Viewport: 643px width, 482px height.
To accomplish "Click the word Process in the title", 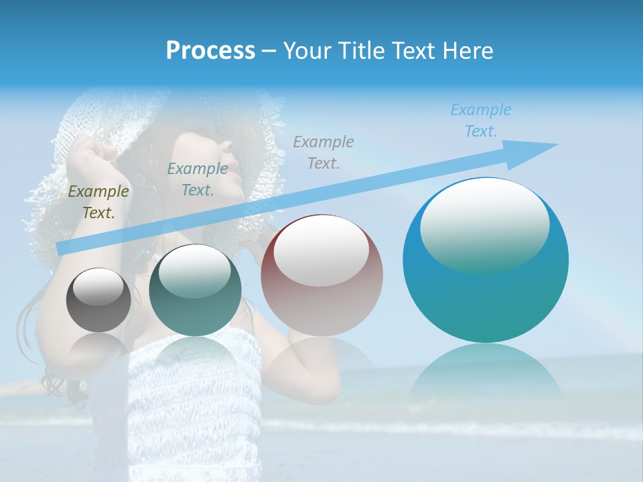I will (210, 51).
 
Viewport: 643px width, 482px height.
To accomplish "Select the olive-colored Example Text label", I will (98, 202).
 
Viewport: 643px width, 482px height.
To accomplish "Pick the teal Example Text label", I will (197, 179).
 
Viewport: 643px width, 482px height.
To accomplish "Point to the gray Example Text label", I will (323, 152).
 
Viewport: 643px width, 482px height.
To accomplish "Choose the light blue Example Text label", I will (480, 120).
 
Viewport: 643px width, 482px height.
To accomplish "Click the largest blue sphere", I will (486, 295).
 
